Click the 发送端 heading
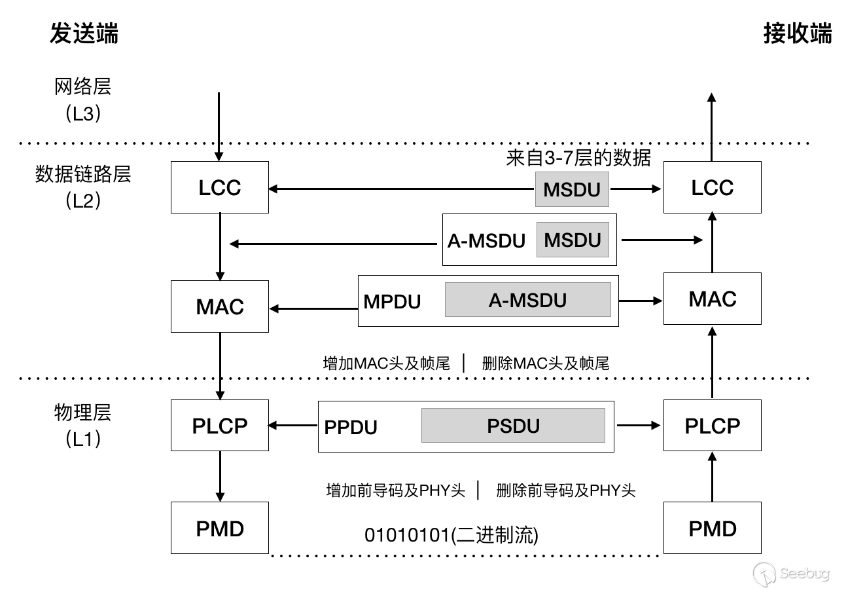click(84, 33)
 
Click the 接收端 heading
click(798, 33)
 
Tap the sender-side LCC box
click(220, 187)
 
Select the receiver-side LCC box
click(712, 187)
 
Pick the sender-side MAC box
click(220, 306)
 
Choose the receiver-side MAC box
click(712, 299)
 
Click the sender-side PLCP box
click(220, 425)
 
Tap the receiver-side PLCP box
click(712, 425)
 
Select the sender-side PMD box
click(220, 528)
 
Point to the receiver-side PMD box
click(712, 528)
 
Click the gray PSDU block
click(513, 425)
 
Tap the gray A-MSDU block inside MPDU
click(528, 299)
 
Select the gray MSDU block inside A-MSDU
click(573, 240)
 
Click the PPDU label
click(351, 427)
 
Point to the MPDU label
click(392, 302)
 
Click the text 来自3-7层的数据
click(578, 158)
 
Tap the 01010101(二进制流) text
click(451, 535)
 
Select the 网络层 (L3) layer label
click(82, 100)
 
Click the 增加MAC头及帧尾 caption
click(386, 363)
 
